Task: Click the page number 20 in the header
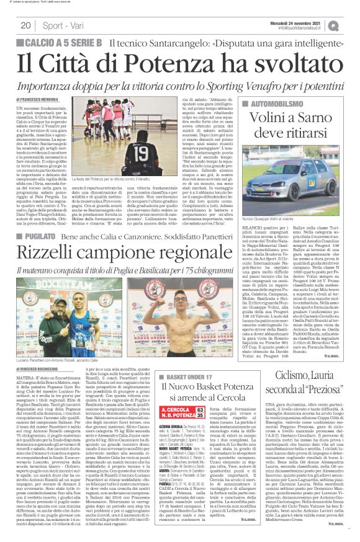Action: (25, 25)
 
